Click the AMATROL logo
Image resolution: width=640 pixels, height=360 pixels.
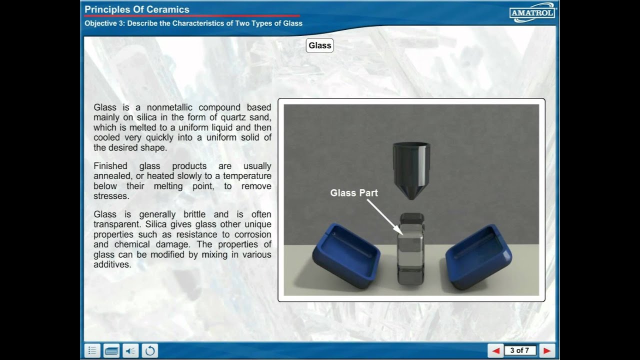coord(532,12)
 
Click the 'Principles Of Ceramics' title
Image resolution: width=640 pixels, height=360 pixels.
coord(137,9)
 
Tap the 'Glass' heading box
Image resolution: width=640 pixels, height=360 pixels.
coord(319,45)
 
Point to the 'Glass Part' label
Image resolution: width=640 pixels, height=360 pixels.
coord(354,193)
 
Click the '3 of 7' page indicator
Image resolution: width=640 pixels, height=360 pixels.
coord(519,350)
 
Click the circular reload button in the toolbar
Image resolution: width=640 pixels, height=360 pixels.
coord(149,350)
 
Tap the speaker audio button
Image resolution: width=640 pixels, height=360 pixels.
coord(130,350)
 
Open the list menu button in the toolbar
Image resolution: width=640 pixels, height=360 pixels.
coord(92,350)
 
